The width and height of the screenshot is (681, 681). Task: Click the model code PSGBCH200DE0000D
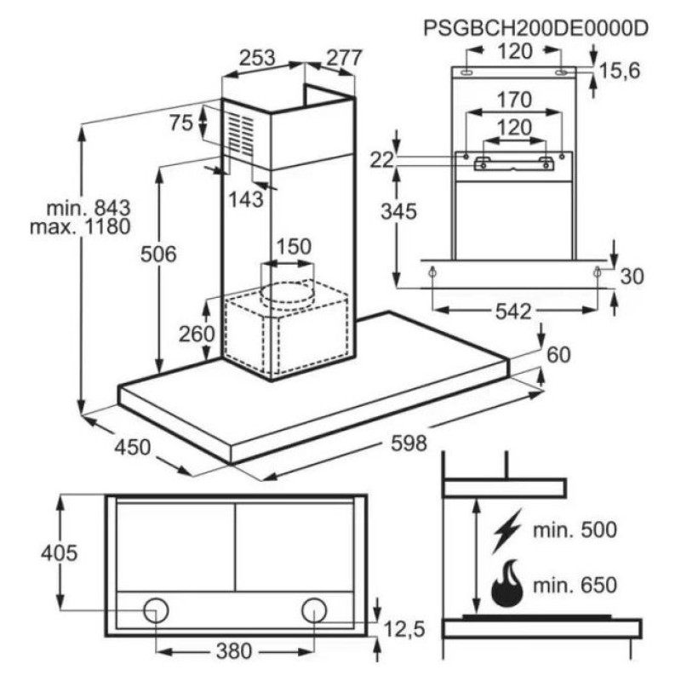pos(535,29)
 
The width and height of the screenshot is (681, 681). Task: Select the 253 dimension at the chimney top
pos(258,58)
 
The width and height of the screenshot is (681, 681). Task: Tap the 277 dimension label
pos(344,58)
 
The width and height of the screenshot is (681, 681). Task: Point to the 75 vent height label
pos(181,123)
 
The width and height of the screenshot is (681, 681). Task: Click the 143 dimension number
pos(246,199)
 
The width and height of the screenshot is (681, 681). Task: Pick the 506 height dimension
pos(158,255)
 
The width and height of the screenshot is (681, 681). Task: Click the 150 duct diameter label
pos(294,247)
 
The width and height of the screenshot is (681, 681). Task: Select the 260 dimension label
pos(197,334)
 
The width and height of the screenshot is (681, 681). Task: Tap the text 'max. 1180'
pos(80,226)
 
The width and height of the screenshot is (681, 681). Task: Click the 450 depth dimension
pos(133,448)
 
